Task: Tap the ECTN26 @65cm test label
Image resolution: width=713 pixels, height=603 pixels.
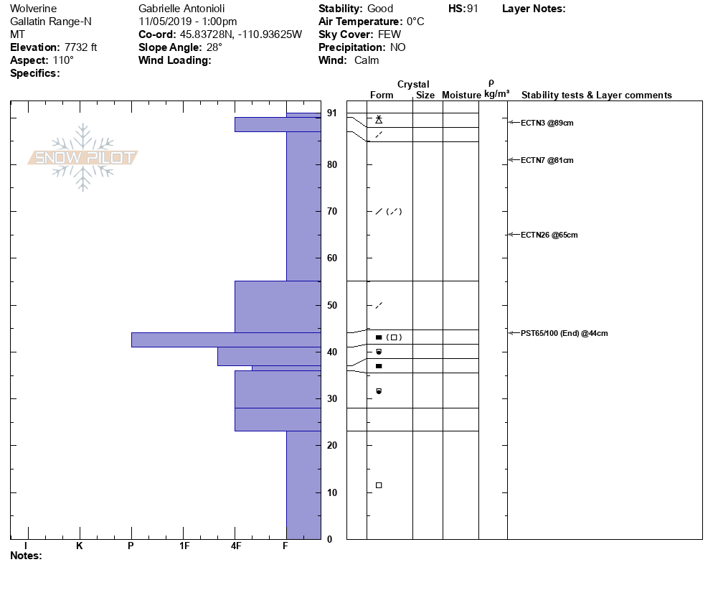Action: click(x=549, y=235)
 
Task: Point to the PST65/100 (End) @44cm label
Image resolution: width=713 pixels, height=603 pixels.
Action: click(x=564, y=333)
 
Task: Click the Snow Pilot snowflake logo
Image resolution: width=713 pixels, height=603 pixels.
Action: click(x=83, y=157)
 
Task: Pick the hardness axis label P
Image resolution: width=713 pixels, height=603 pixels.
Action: click(x=131, y=546)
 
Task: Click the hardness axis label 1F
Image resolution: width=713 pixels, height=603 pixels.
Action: click(x=184, y=546)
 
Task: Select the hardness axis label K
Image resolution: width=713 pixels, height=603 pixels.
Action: click(x=79, y=546)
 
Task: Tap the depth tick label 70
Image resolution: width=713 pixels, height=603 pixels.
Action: click(x=332, y=212)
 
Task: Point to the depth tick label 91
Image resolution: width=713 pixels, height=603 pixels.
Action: click(x=332, y=113)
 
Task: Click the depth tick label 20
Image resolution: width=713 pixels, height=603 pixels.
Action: click(x=332, y=446)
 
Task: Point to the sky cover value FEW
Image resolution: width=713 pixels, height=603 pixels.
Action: click(x=389, y=34)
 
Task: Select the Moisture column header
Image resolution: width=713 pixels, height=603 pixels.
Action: click(x=461, y=95)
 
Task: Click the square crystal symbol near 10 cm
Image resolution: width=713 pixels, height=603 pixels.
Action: click(x=379, y=485)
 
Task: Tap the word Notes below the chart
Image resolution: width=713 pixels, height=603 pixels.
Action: click(x=26, y=556)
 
